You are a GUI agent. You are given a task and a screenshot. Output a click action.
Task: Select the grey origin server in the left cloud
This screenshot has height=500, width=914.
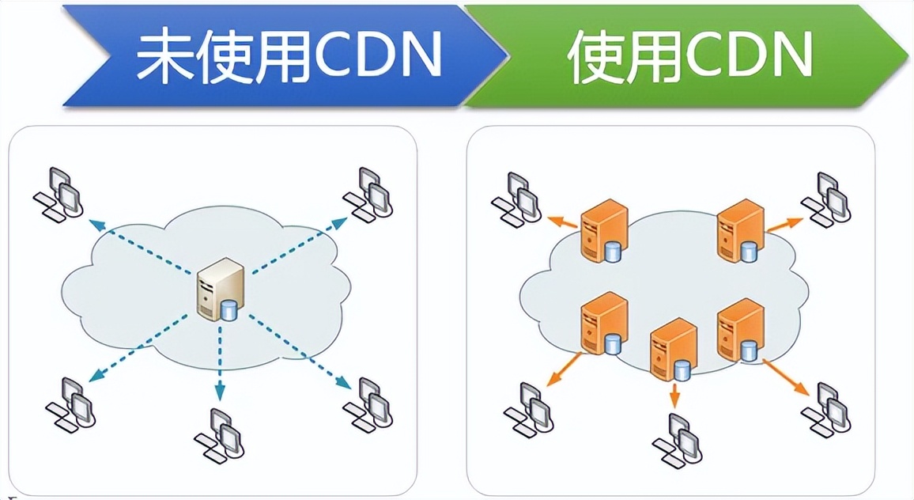pyautogui.click(x=216, y=288)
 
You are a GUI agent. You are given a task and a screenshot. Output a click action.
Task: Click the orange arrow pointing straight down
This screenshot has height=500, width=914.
pyautogui.click(x=674, y=396)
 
